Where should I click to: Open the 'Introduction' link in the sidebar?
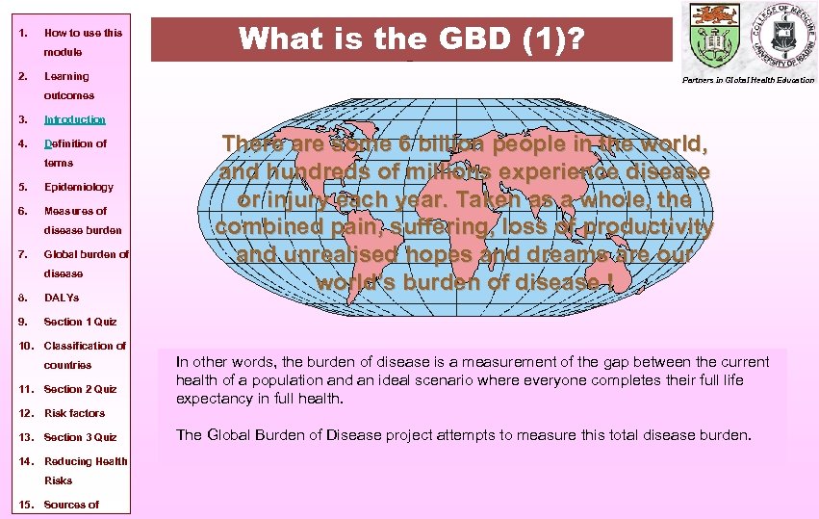74,120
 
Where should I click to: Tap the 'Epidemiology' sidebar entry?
78,187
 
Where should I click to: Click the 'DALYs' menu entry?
62,298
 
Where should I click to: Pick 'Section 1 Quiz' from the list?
80,323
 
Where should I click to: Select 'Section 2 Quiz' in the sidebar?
80,389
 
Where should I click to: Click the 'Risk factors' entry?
74,413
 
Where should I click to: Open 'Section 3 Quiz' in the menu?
80,437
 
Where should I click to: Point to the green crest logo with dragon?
710,35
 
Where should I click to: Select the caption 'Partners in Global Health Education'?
749,80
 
